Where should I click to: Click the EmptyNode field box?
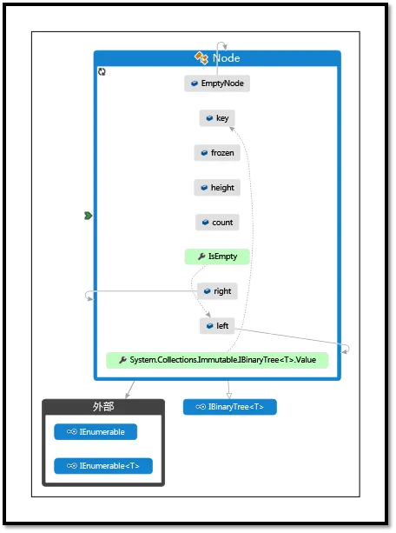coord(217,83)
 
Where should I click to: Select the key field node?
coord(217,118)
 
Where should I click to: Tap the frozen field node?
coord(217,153)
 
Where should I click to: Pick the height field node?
coord(217,187)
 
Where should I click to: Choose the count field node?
coord(217,223)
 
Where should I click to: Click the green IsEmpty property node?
coord(217,257)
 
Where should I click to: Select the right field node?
coord(217,291)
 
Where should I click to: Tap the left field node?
coord(217,326)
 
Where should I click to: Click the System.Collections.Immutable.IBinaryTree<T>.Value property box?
coord(217,360)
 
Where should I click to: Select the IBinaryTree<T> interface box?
coord(230,407)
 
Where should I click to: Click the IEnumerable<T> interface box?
coord(103,466)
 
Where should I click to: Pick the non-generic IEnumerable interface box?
coord(96,431)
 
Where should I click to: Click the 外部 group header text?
coord(103,407)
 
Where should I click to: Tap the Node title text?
coord(226,58)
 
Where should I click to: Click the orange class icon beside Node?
coord(201,57)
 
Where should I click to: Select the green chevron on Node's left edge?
coord(88,216)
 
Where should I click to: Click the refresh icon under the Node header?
coord(102,71)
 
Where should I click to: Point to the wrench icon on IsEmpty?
coord(201,257)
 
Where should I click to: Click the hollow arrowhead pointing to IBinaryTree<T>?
coord(229,396)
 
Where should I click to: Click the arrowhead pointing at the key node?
coord(232,129)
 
